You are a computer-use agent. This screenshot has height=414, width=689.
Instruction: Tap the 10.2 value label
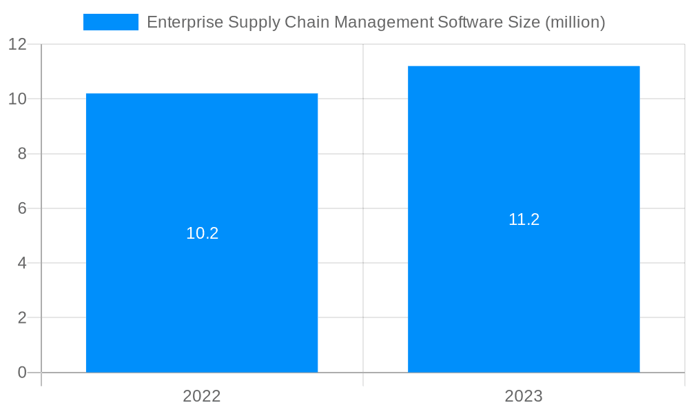pyautogui.click(x=203, y=233)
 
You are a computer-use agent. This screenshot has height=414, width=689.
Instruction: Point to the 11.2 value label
pyautogui.click(x=524, y=219)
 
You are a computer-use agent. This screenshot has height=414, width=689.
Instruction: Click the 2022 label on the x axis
pyautogui.click(x=202, y=396)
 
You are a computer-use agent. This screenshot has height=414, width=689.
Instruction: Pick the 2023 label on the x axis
pyautogui.click(x=524, y=396)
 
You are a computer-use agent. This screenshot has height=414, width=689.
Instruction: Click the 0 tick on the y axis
pyautogui.click(x=22, y=373)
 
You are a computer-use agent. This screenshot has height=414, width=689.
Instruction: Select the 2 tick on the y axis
pyautogui.click(x=22, y=318)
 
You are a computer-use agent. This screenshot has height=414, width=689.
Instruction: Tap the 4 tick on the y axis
pyautogui.click(x=22, y=263)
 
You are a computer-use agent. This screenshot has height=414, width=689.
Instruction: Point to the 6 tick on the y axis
pyautogui.click(x=22, y=208)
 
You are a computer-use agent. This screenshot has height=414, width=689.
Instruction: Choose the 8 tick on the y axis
pyautogui.click(x=22, y=154)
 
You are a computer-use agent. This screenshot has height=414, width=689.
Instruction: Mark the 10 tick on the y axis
pyautogui.click(x=18, y=99)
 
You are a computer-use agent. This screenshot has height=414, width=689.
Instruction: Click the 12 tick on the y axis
pyautogui.click(x=18, y=44)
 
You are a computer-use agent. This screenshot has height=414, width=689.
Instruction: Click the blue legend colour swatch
pyautogui.click(x=110, y=22)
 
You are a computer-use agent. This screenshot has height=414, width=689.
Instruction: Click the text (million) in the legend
pyautogui.click(x=575, y=22)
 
